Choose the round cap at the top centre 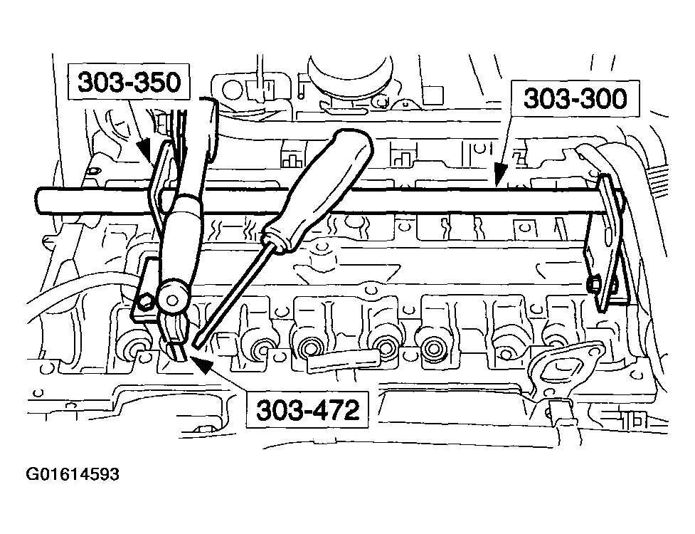349,75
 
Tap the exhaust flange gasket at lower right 558,367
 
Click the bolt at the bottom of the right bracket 596,286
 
